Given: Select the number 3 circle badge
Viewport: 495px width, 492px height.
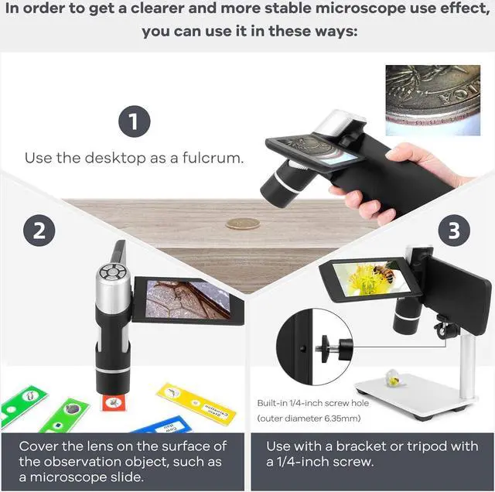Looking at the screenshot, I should pyautogui.click(x=455, y=231).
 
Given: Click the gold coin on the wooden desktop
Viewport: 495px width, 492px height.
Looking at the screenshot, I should pyautogui.click(x=242, y=223).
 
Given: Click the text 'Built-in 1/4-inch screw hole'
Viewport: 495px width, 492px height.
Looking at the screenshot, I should pyautogui.click(x=313, y=403).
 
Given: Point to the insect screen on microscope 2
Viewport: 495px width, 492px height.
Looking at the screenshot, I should pyautogui.click(x=184, y=299).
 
